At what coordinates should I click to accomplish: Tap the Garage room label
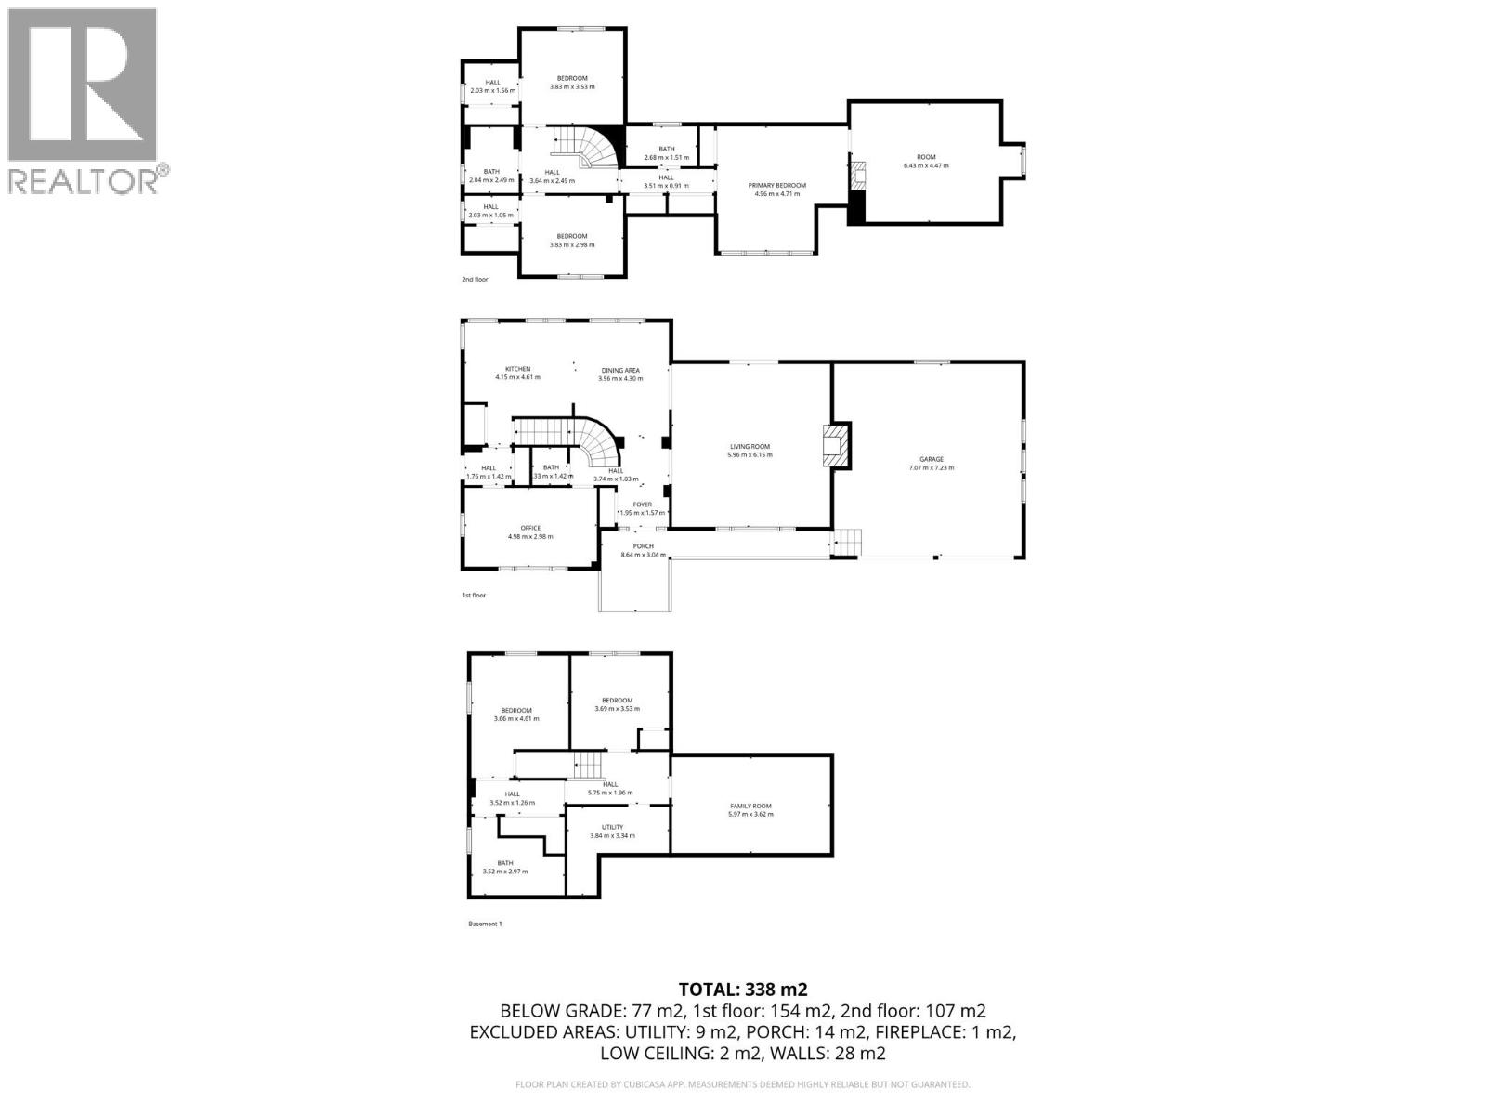point(932,463)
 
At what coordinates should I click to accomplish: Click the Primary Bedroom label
point(777,190)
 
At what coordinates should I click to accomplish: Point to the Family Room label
point(750,810)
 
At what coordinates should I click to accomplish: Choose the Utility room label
point(612,831)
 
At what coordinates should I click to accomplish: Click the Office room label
point(530,532)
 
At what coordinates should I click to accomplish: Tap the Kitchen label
point(517,373)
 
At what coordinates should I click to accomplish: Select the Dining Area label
point(620,374)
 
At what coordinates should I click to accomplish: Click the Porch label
point(644,550)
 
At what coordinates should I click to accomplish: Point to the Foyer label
point(643,508)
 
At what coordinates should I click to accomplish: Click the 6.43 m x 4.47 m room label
point(926,161)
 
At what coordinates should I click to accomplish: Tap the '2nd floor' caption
point(475,279)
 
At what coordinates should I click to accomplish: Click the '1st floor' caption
point(474,595)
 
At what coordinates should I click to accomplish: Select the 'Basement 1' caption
point(485,924)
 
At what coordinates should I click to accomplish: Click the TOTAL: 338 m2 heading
point(736,989)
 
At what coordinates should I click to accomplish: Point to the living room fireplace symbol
point(836,446)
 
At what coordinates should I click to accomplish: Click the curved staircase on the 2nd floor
point(587,147)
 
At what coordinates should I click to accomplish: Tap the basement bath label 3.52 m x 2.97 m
point(504,867)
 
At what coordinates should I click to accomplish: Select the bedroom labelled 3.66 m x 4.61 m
point(516,714)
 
